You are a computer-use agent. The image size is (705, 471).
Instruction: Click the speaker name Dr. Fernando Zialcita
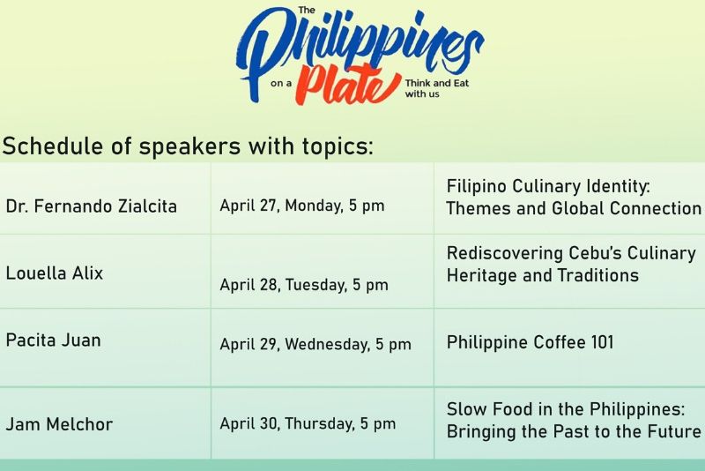tap(92, 206)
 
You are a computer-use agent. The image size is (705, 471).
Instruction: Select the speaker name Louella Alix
tap(55, 273)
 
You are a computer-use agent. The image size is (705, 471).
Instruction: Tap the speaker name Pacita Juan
tap(54, 340)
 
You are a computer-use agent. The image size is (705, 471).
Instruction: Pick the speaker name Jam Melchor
tap(59, 424)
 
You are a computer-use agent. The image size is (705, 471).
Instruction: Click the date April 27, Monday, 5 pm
tap(302, 206)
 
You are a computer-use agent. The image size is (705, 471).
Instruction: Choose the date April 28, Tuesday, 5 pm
tap(304, 285)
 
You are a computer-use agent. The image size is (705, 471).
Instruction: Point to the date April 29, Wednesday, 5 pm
tap(315, 345)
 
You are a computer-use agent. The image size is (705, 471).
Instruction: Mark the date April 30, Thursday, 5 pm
tap(308, 423)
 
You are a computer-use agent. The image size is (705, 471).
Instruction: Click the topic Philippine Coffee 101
tap(531, 342)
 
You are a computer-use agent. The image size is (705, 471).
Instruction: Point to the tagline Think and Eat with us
tap(436, 88)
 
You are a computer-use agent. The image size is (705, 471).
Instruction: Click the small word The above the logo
tap(307, 10)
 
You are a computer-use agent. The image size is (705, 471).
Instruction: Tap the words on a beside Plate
tap(281, 83)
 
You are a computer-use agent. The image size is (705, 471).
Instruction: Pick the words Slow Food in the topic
tap(488, 409)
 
